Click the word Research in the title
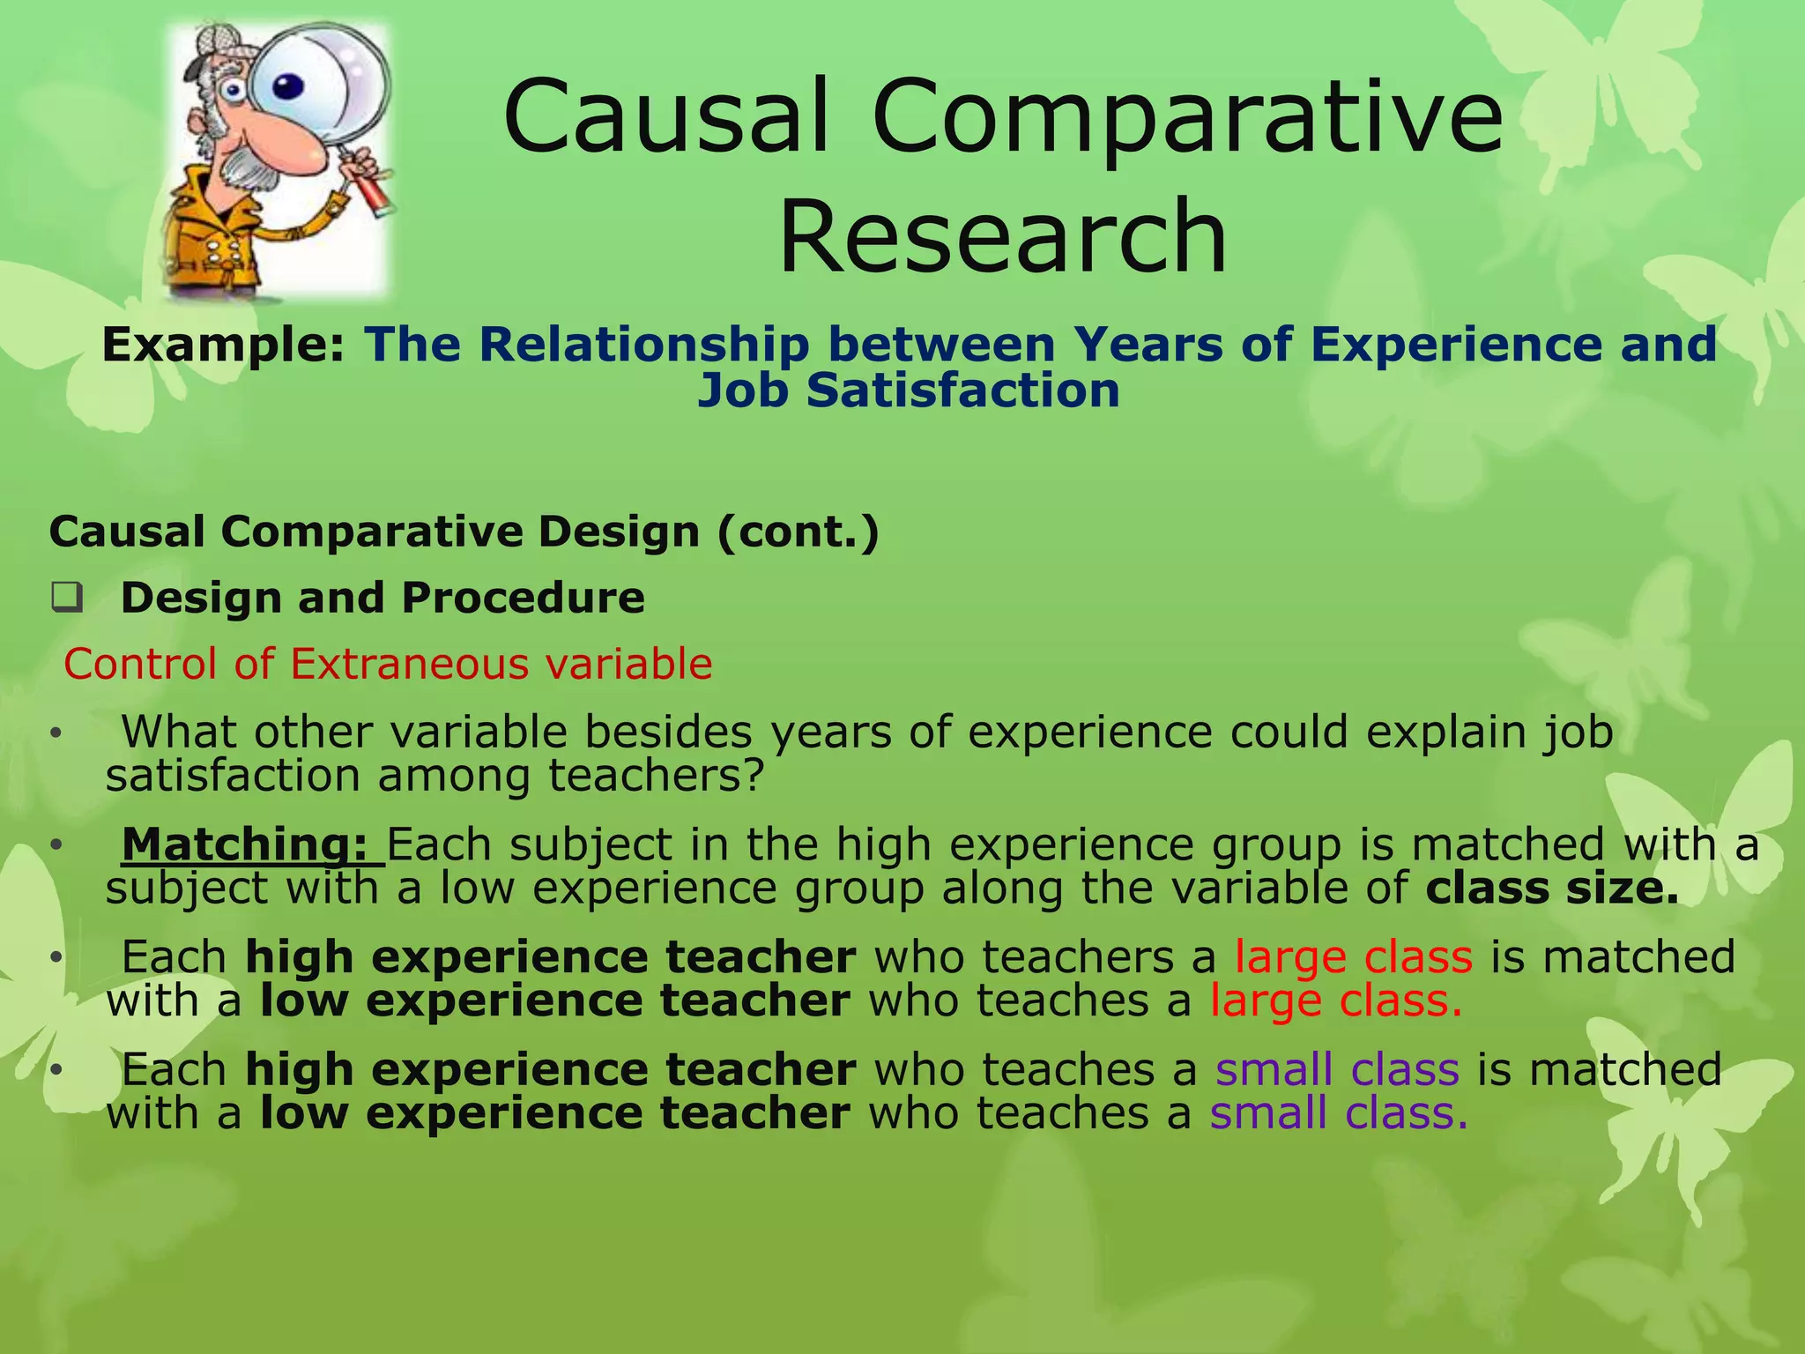(1002, 236)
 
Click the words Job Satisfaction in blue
(908, 391)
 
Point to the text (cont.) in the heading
(798, 532)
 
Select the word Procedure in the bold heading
(524, 598)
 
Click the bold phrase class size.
(1552, 888)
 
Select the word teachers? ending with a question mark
(655, 776)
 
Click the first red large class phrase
(1353, 957)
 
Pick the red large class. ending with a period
(1335, 1001)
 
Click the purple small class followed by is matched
(1337, 1069)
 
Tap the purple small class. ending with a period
(1338, 1112)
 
